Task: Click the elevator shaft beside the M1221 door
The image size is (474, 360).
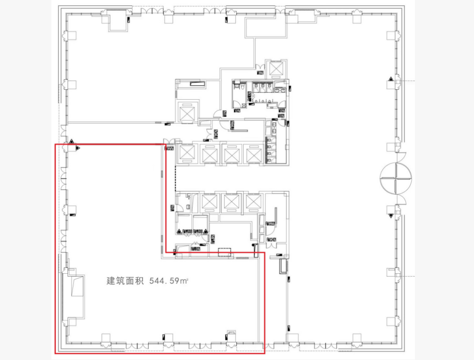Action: tap(276, 70)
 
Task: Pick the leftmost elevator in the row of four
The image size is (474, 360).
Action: tap(186, 154)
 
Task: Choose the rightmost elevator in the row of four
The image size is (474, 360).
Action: tap(253, 154)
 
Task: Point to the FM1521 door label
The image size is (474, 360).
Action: tap(168, 149)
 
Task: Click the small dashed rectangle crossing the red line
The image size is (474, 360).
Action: tap(224, 252)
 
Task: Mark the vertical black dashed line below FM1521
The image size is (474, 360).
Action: tap(176, 177)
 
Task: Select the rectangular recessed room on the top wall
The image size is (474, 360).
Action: tap(260, 27)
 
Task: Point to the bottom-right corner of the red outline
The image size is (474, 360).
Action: tap(264, 353)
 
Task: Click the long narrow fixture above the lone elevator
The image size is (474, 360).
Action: tap(197, 84)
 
